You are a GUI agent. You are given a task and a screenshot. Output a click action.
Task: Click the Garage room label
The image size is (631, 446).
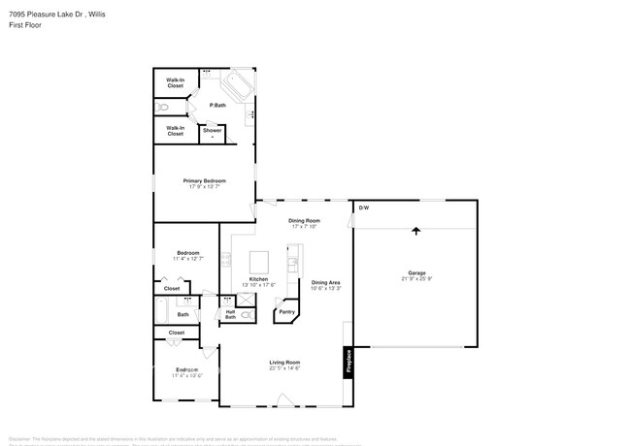[x=416, y=272]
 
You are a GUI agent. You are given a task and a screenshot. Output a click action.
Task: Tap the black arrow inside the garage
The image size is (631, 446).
[x=416, y=232]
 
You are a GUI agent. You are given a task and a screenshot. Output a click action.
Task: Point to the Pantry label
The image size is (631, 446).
[x=287, y=312]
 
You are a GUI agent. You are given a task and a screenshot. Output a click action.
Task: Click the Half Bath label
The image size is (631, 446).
[x=230, y=314]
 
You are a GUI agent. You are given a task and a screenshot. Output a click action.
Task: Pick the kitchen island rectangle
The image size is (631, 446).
[x=259, y=263]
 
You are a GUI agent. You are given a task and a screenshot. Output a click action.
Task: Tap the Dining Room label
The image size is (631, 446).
[x=304, y=221]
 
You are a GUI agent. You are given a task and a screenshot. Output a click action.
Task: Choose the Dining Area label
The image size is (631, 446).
[x=325, y=282]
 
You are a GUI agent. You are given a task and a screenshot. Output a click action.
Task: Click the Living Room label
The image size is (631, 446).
[x=284, y=363]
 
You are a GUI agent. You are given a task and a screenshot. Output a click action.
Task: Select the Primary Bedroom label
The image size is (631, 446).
[x=207, y=180]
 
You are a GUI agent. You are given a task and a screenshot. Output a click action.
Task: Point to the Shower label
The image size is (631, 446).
[x=212, y=130]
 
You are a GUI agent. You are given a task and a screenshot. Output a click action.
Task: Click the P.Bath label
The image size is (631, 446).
[x=217, y=105]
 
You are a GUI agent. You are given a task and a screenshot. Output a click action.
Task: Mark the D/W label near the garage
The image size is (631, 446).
[x=364, y=208]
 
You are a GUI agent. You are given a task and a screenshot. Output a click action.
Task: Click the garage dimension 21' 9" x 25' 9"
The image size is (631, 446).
[x=416, y=279]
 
